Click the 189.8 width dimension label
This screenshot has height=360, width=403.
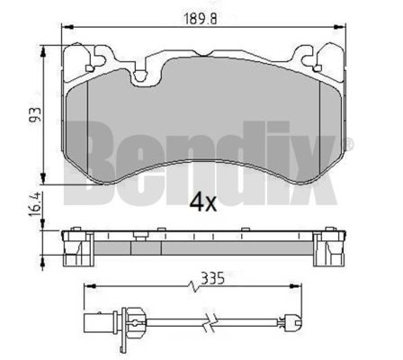(x=200, y=20)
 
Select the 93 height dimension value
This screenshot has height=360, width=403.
(x=35, y=115)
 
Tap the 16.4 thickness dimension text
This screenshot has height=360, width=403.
(x=35, y=204)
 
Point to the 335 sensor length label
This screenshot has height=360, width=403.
(x=212, y=278)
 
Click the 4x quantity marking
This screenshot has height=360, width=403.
(x=202, y=203)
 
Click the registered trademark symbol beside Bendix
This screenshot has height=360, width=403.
(x=350, y=143)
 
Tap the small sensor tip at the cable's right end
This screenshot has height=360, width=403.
(x=291, y=322)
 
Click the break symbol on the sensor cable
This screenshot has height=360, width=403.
(x=209, y=322)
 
